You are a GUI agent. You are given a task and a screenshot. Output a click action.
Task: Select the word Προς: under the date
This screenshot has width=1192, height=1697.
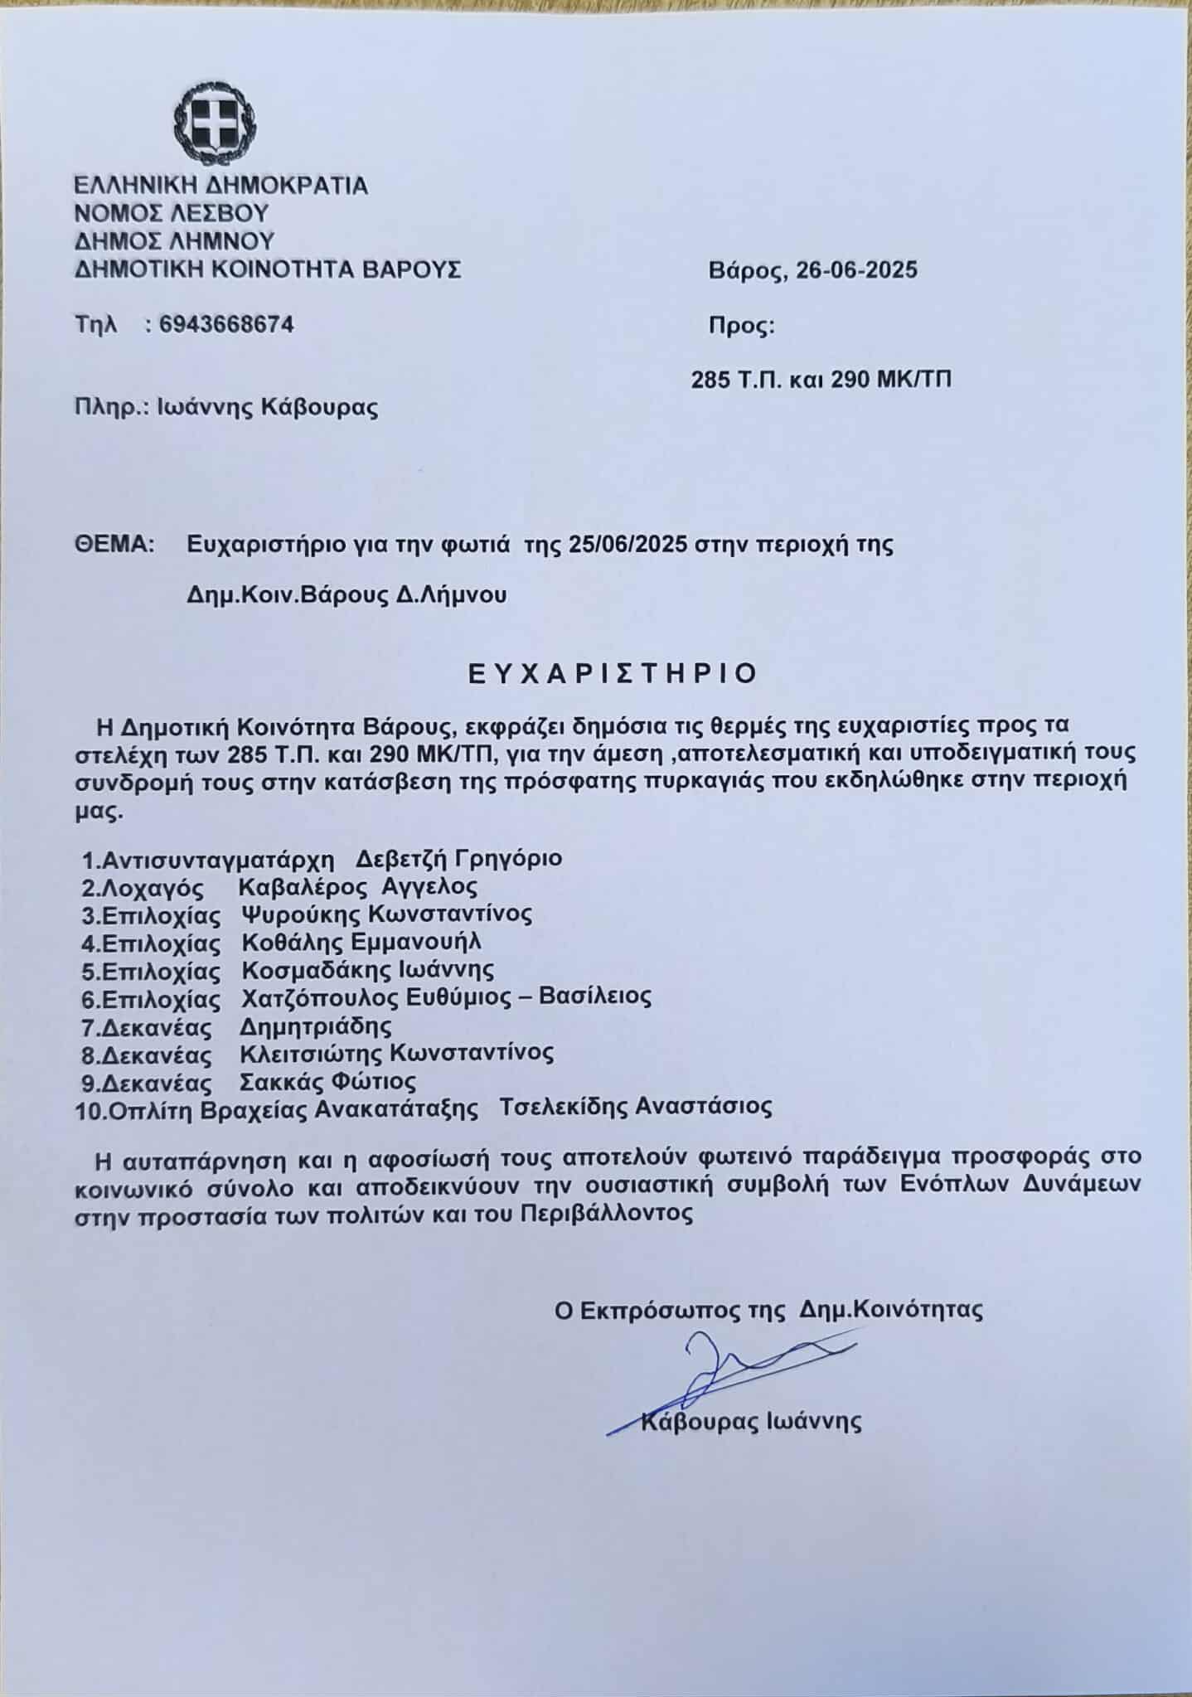coord(741,326)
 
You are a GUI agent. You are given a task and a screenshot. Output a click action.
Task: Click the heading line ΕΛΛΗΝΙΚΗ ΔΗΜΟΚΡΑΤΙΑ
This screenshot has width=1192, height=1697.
coord(220,185)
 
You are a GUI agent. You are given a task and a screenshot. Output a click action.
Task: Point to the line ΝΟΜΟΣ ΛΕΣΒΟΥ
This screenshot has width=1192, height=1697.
coord(172,213)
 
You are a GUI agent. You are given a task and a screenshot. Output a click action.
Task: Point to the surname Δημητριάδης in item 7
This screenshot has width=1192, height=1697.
coord(315,1026)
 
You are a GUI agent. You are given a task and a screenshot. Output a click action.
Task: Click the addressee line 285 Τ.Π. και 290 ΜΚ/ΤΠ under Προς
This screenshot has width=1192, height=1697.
coord(821,380)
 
